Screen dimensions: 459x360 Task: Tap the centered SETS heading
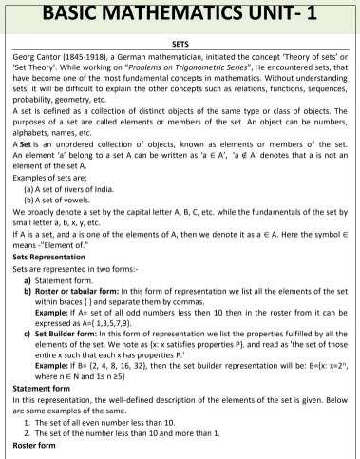[180, 43]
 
